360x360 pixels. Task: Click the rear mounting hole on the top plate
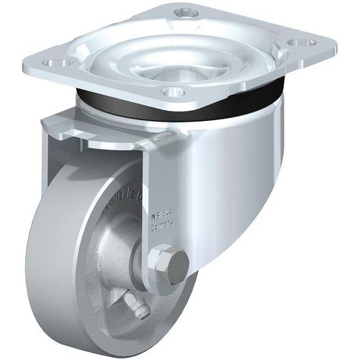186,12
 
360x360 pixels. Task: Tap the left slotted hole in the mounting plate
57,62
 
